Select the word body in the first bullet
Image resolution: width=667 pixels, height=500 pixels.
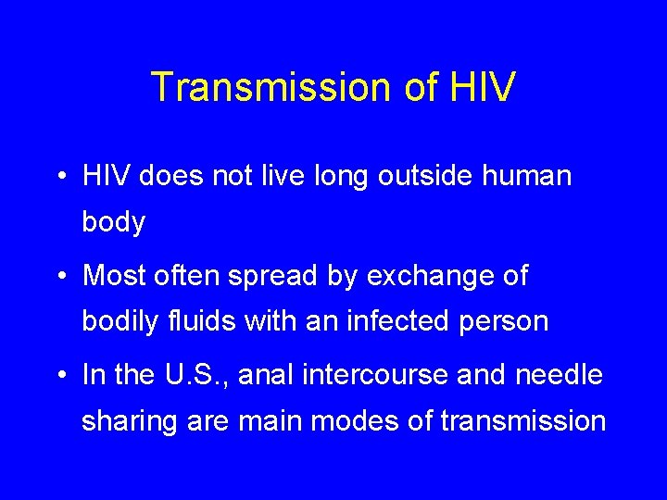pos(114,222)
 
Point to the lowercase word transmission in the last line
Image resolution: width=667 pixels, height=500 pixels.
pos(523,421)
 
